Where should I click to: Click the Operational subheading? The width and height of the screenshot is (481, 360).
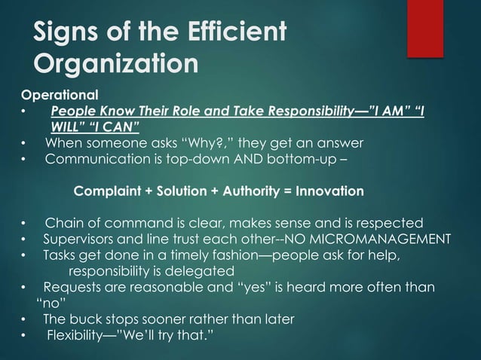click(60, 96)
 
